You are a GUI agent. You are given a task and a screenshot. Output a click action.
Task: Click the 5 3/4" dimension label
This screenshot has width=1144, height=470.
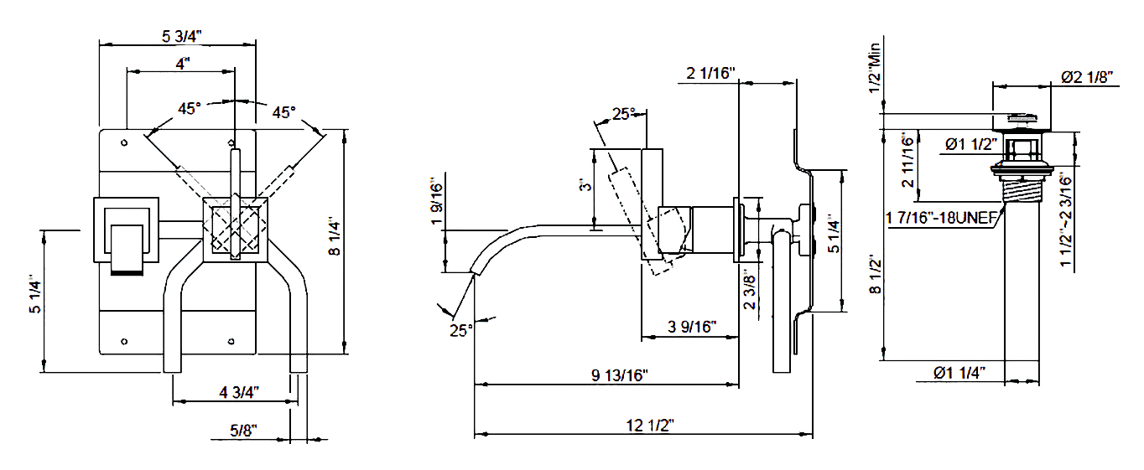pyautogui.click(x=182, y=37)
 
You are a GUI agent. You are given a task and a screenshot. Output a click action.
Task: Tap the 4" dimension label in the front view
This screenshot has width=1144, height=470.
pyautogui.click(x=183, y=64)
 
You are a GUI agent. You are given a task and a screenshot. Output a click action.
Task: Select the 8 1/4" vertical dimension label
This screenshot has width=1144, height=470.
pyautogui.click(x=335, y=238)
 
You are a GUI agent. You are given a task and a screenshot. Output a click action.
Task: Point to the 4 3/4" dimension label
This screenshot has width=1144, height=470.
pyautogui.click(x=239, y=392)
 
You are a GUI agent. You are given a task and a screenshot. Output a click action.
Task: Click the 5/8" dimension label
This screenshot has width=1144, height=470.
pyautogui.click(x=243, y=431)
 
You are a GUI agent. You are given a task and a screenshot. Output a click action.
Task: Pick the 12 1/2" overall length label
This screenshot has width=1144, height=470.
pyautogui.click(x=650, y=425)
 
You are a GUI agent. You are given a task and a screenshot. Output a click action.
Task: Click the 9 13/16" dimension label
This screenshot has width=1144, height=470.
pyautogui.click(x=620, y=375)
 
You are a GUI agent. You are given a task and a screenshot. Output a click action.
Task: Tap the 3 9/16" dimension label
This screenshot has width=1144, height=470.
pyautogui.click(x=692, y=327)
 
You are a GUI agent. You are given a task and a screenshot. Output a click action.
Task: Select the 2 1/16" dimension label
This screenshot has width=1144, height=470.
pyautogui.click(x=710, y=74)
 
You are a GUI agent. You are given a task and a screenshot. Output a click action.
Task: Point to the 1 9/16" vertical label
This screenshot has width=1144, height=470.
pyautogui.click(x=438, y=201)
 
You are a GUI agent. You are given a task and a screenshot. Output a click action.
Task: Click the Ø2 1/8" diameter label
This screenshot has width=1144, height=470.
pyautogui.click(x=1087, y=77)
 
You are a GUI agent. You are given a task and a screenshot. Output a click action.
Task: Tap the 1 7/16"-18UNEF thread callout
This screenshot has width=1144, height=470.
pyautogui.click(x=941, y=218)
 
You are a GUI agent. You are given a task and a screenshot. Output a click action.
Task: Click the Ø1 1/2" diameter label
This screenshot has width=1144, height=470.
pyautogui.click(x=971, y=144)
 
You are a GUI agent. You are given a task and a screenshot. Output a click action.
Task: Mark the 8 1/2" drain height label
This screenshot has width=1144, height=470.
pyautogui.click(x=875, y=276)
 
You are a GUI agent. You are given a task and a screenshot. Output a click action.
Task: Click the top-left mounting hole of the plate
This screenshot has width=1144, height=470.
pyautogui.click(x=124, y=143)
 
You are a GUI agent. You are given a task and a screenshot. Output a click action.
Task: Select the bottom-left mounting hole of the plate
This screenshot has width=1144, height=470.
pyautogui.click(x=124, y=341)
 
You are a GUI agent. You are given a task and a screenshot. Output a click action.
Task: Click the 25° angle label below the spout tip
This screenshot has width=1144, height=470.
pyautogui.click(x=461, y=331)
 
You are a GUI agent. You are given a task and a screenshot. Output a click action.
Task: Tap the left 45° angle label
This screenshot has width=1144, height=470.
pyautogui.click(x=189, y=109)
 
